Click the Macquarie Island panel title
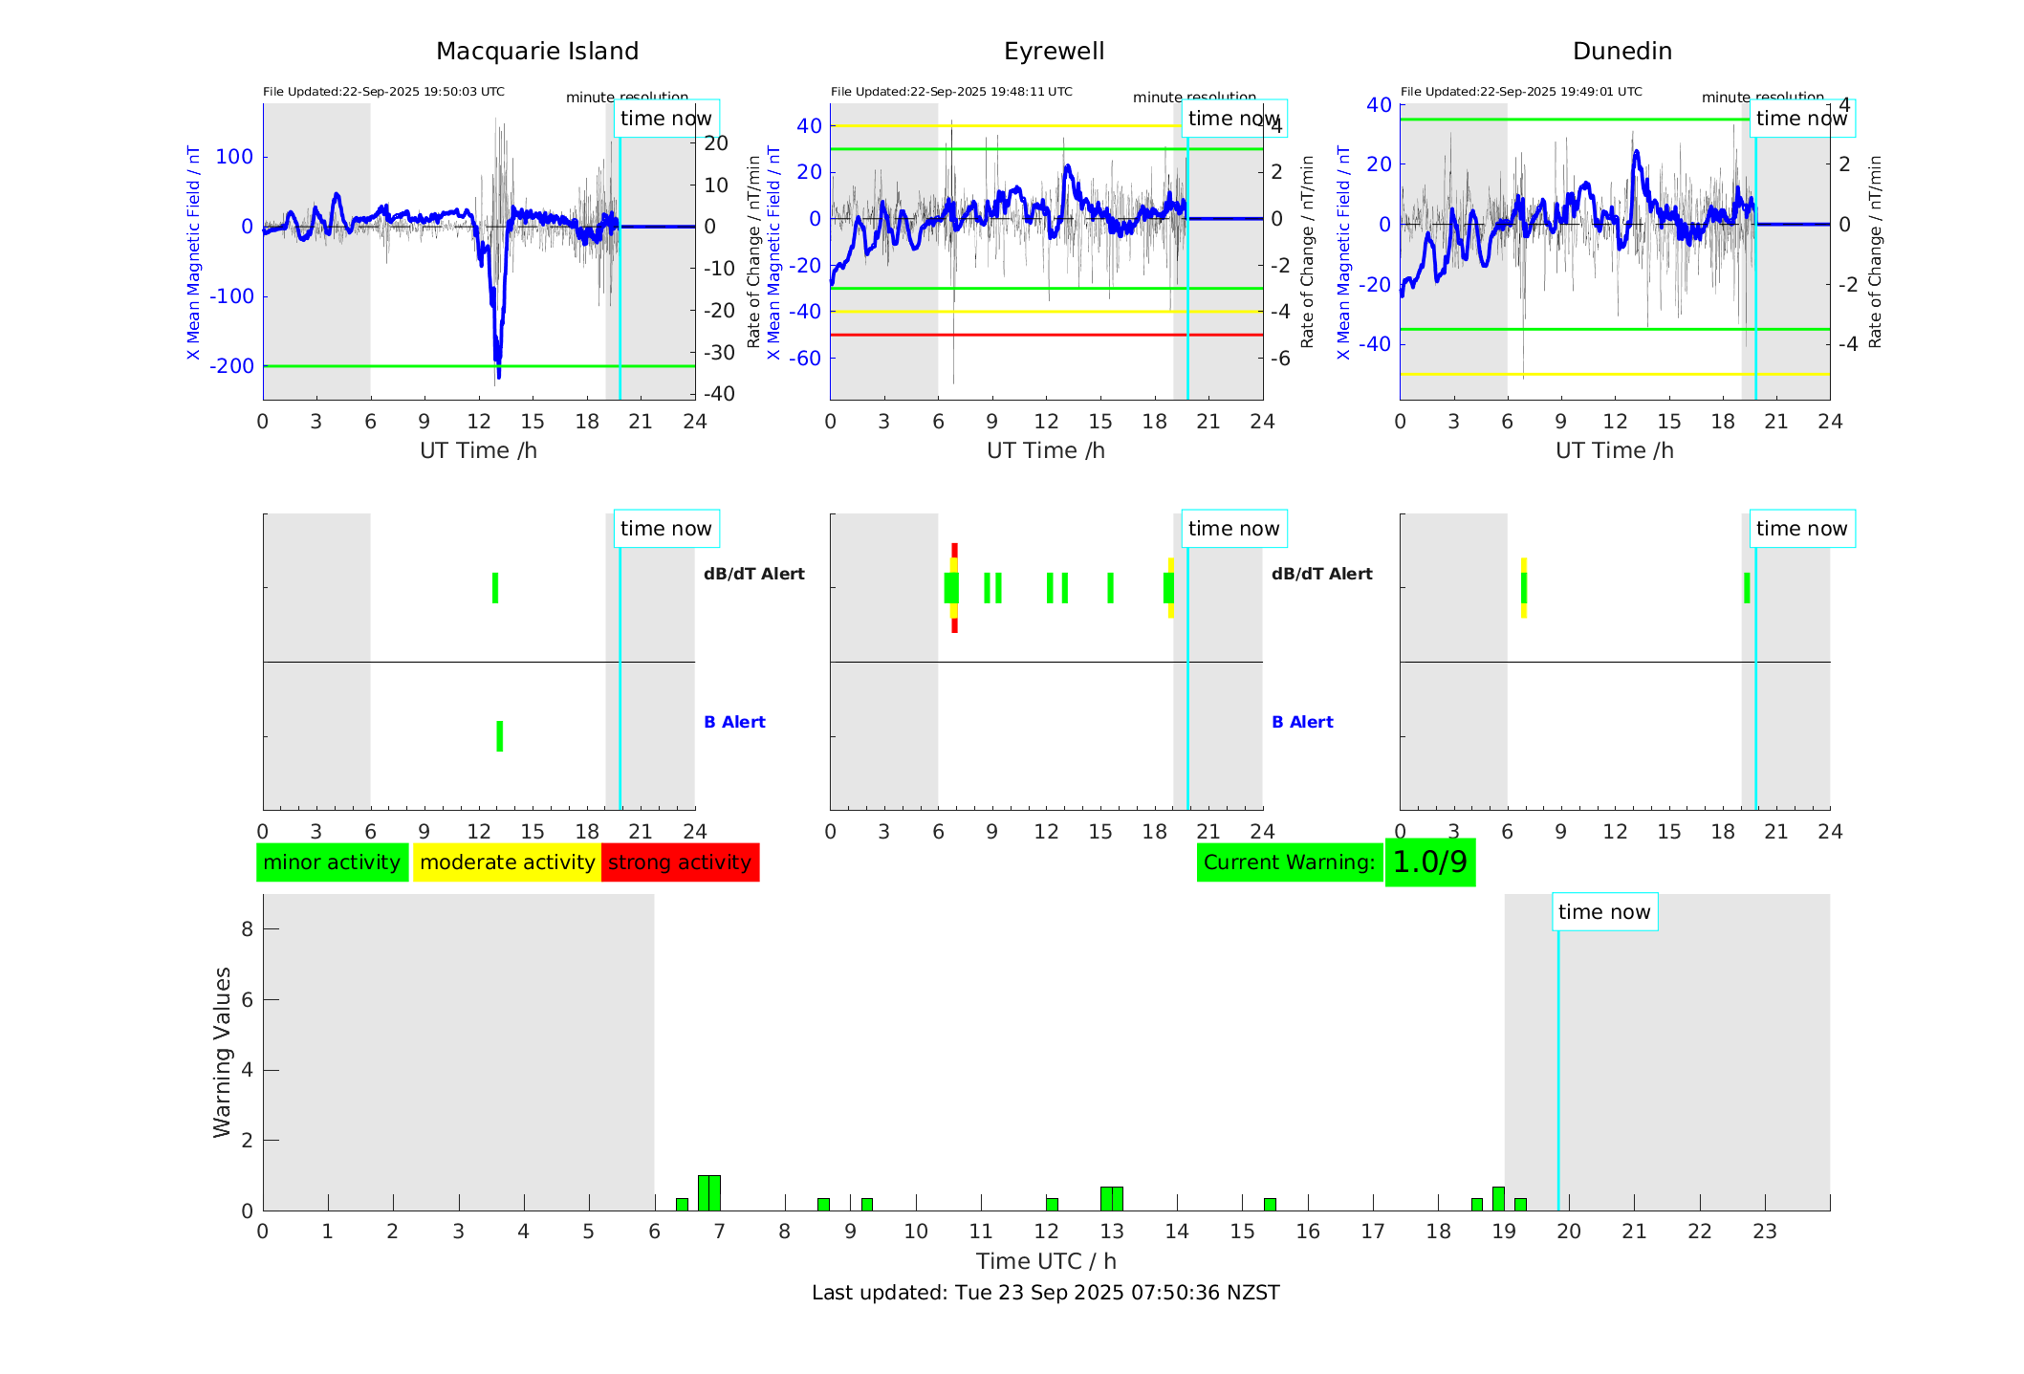(x=537, y=52)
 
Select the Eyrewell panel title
(x=1054, y=52)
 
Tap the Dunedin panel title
(x=1621, y=52)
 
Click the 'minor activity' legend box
(x=332, y=862)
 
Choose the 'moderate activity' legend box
(x=507, y=862)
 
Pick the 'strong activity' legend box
(x=680, y=862)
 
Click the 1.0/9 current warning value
(x=1429, y=862)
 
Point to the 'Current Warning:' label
(x=1289, y=862)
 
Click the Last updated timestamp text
(x=1045, y=1293)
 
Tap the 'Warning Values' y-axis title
(x=223, y=1052)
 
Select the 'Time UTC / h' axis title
(x=1045, y=1261)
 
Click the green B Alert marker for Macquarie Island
(x=500, y=736)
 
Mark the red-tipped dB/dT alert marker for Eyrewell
(x=954, y=588)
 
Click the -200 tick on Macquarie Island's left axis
(x=232, y=366)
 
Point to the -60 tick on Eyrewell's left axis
(x=808, y=359)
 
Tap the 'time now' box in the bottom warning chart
(x=1604, y=912)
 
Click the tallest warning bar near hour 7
(x=709, y=1192)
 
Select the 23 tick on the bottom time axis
(x=1765, y=1232)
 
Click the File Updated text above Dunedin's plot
(x=1521, y=92)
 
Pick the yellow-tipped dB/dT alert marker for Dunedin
(x=1524, y=588)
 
